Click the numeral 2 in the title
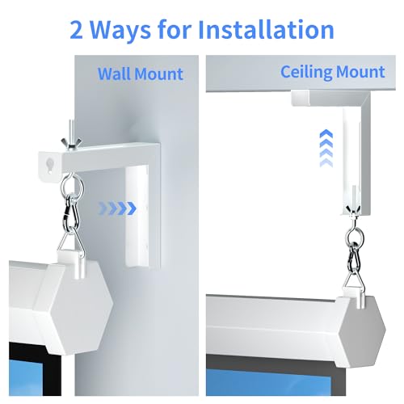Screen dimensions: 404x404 click(78, 31)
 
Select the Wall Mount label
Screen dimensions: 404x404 click(141, 74)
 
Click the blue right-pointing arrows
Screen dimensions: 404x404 click(117, 208)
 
